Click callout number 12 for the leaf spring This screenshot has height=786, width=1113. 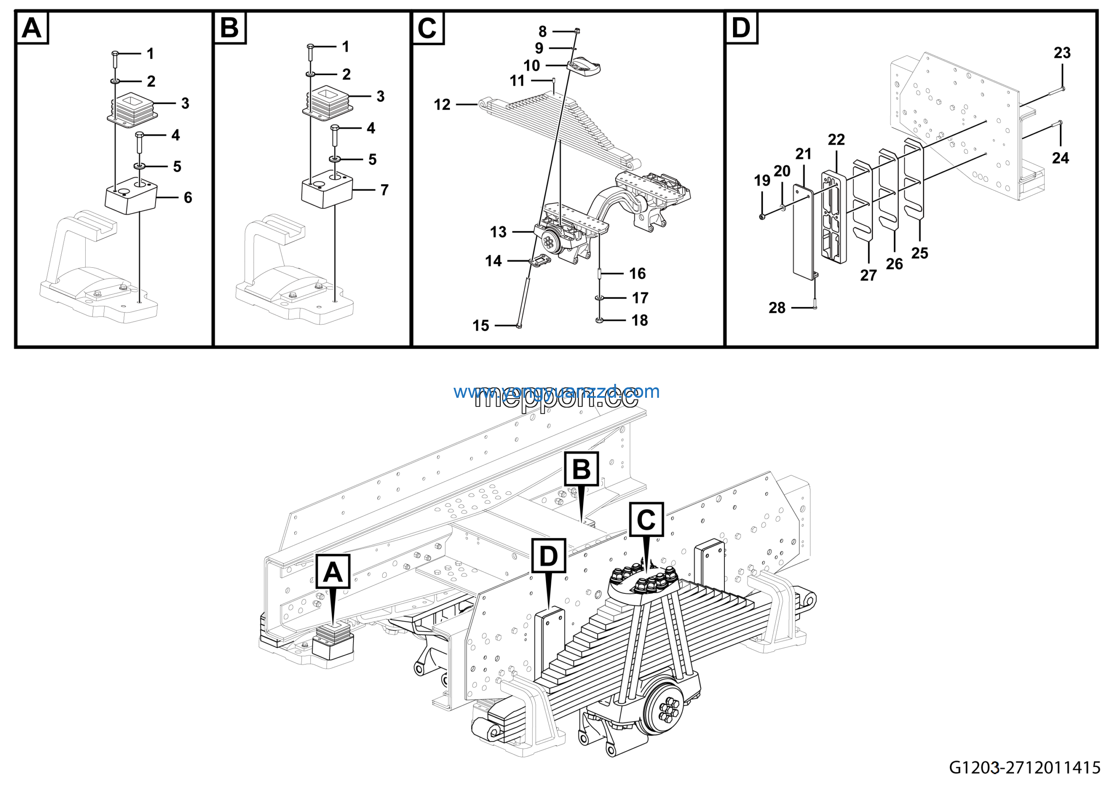click(x=442, y=105)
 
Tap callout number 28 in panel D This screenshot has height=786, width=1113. click(x=776, y=308)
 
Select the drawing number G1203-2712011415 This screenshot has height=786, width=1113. click(x=1024, y=767)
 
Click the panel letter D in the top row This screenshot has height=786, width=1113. click(x=741, y=28)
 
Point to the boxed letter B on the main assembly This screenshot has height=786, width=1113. click(x=581, y=469)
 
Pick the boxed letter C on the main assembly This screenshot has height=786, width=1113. click(x=646, y=520)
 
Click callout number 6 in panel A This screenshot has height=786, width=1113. click(x=187, y=198)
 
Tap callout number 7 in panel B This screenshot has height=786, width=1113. click(x=384, y=190)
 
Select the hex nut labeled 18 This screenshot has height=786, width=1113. click(x=599, y=320)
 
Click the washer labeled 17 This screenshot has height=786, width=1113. click(x=599, y=297)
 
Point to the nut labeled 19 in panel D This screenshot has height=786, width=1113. click(x=762, y=216)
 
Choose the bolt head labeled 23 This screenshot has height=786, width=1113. click(x=1062, y=89)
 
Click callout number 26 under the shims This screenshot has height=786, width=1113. click(x=894, y=264)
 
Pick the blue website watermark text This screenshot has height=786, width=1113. click(x=556, y=391)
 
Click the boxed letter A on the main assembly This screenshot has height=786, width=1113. click(x=333, y=572)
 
